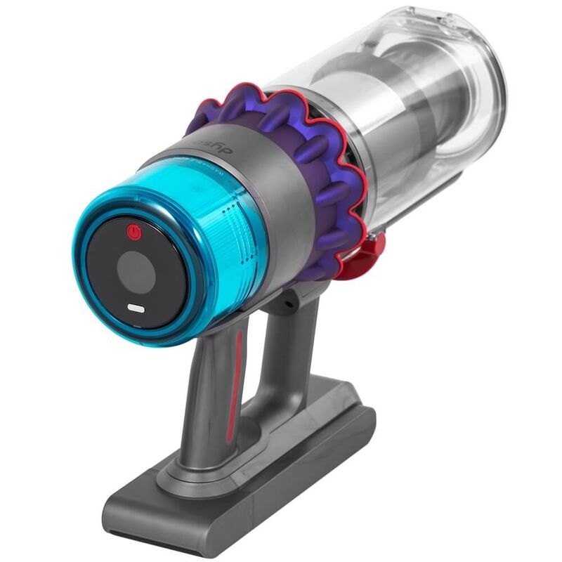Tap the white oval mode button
click(136, 308)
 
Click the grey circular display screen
click(136, 270)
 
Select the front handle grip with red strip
click(218, 393)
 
